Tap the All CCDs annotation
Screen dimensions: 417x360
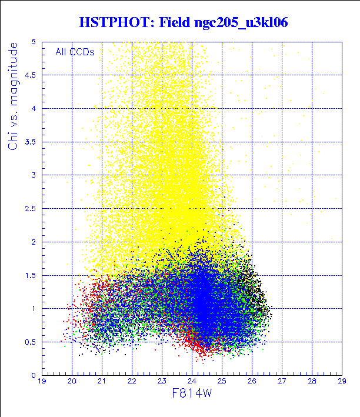point(75,52)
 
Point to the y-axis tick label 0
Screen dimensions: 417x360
point(34,375)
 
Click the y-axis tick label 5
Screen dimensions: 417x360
point(34,42)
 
